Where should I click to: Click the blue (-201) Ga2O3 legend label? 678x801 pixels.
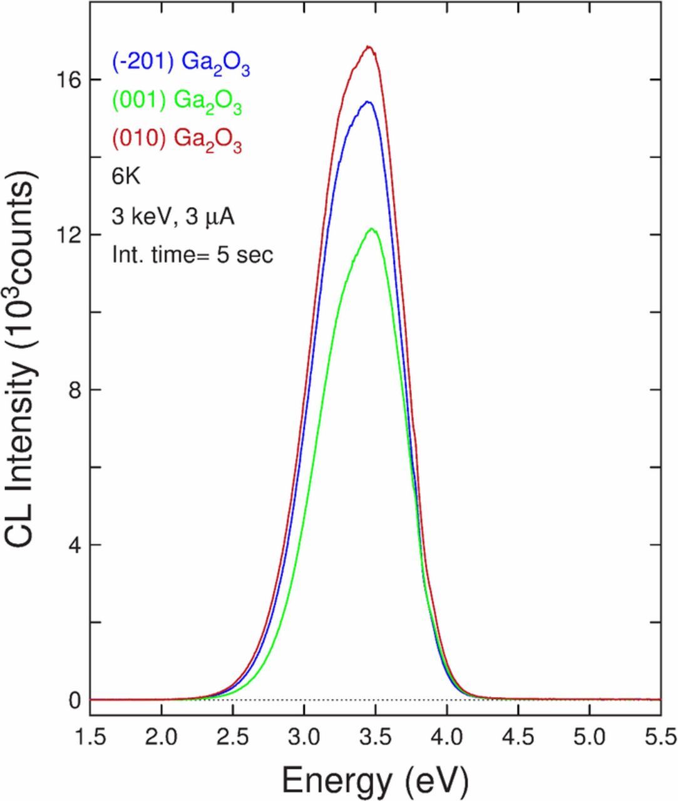pyautogui.click(x=181, y=63)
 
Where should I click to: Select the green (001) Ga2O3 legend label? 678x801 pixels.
pyautogui.click(x=177, y=102)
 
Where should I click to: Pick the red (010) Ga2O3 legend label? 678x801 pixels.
pyautogui.click(x=177, y=140)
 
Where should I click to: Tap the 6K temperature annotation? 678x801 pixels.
pyautogui.click(x=126, y=177)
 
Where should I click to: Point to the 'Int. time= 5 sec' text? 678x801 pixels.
pyautogui.click(x=193, y=255)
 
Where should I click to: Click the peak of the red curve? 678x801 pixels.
pyautogui.click(x=369, y=47)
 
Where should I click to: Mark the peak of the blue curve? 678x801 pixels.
pyautogui.click(x=368, y=102)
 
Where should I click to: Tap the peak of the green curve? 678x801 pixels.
pyautogui.click(x=372, y=229)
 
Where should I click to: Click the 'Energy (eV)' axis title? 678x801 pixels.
pyautogui.click(x=375, y=780)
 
